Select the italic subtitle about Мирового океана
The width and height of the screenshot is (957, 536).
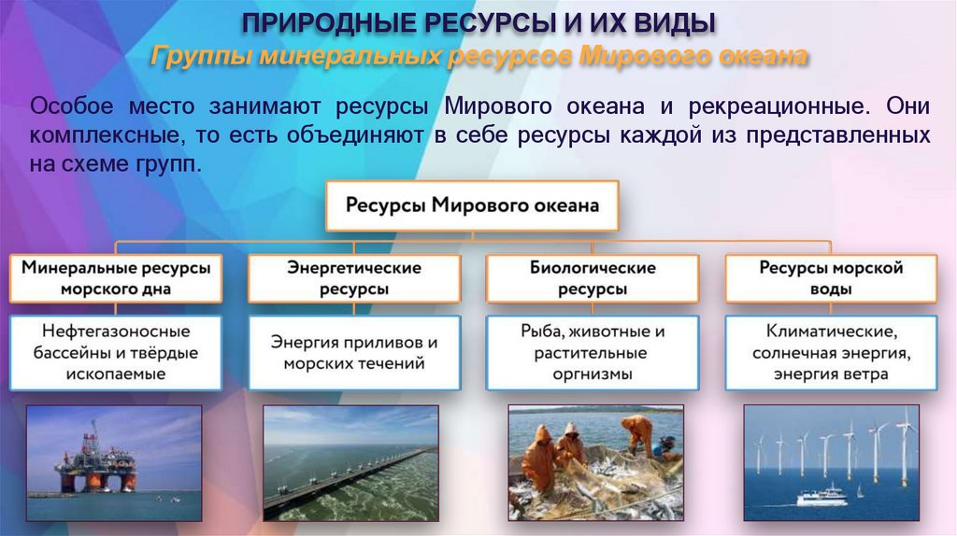point(478,56)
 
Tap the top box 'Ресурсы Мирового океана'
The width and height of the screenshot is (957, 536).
point(472,205)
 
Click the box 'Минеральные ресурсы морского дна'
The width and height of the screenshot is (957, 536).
point(116,278)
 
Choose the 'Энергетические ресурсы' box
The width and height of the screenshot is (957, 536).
point(354,278)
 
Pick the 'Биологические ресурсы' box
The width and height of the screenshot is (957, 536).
point(593,278)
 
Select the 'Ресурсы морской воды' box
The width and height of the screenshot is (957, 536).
point(831,278)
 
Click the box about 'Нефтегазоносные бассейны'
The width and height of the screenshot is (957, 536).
point(116,352)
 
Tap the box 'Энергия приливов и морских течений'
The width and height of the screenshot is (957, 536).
point(354,352)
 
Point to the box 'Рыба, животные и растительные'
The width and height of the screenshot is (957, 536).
point(593,352)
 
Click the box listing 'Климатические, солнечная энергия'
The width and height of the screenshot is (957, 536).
point(831,352)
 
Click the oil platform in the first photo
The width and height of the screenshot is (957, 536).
point(93,462)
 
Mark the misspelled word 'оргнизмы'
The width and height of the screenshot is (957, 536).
point(592,374)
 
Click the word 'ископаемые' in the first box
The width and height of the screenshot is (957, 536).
point(116,374)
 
